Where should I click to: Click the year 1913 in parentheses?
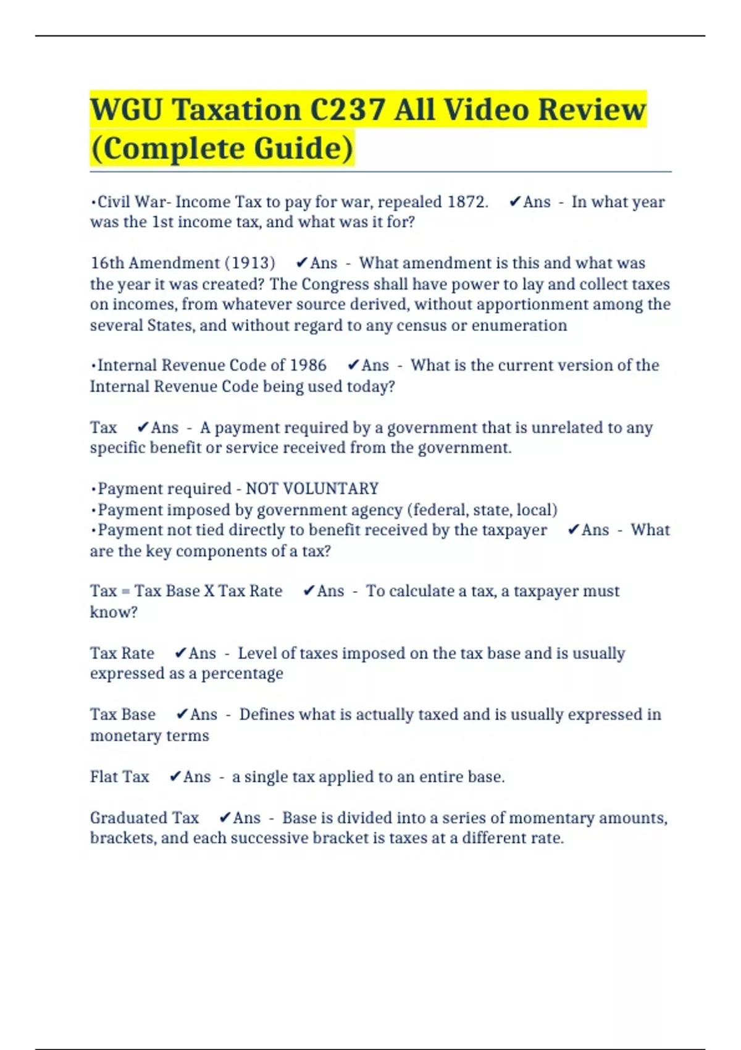coord(250,263)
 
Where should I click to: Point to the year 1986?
coord(308,365)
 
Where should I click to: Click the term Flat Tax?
coord(119,776)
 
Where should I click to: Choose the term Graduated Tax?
coord(144,818)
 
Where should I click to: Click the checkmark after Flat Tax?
coord(175,776)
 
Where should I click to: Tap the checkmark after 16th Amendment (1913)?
coord(301,263)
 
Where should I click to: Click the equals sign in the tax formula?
coord(125,591)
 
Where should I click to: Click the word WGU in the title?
coord(127,110)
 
